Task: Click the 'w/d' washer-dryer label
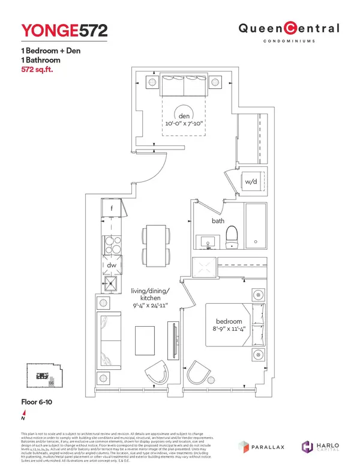251,182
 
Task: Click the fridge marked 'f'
112,208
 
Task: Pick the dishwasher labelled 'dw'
112,265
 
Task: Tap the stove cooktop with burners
112,246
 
